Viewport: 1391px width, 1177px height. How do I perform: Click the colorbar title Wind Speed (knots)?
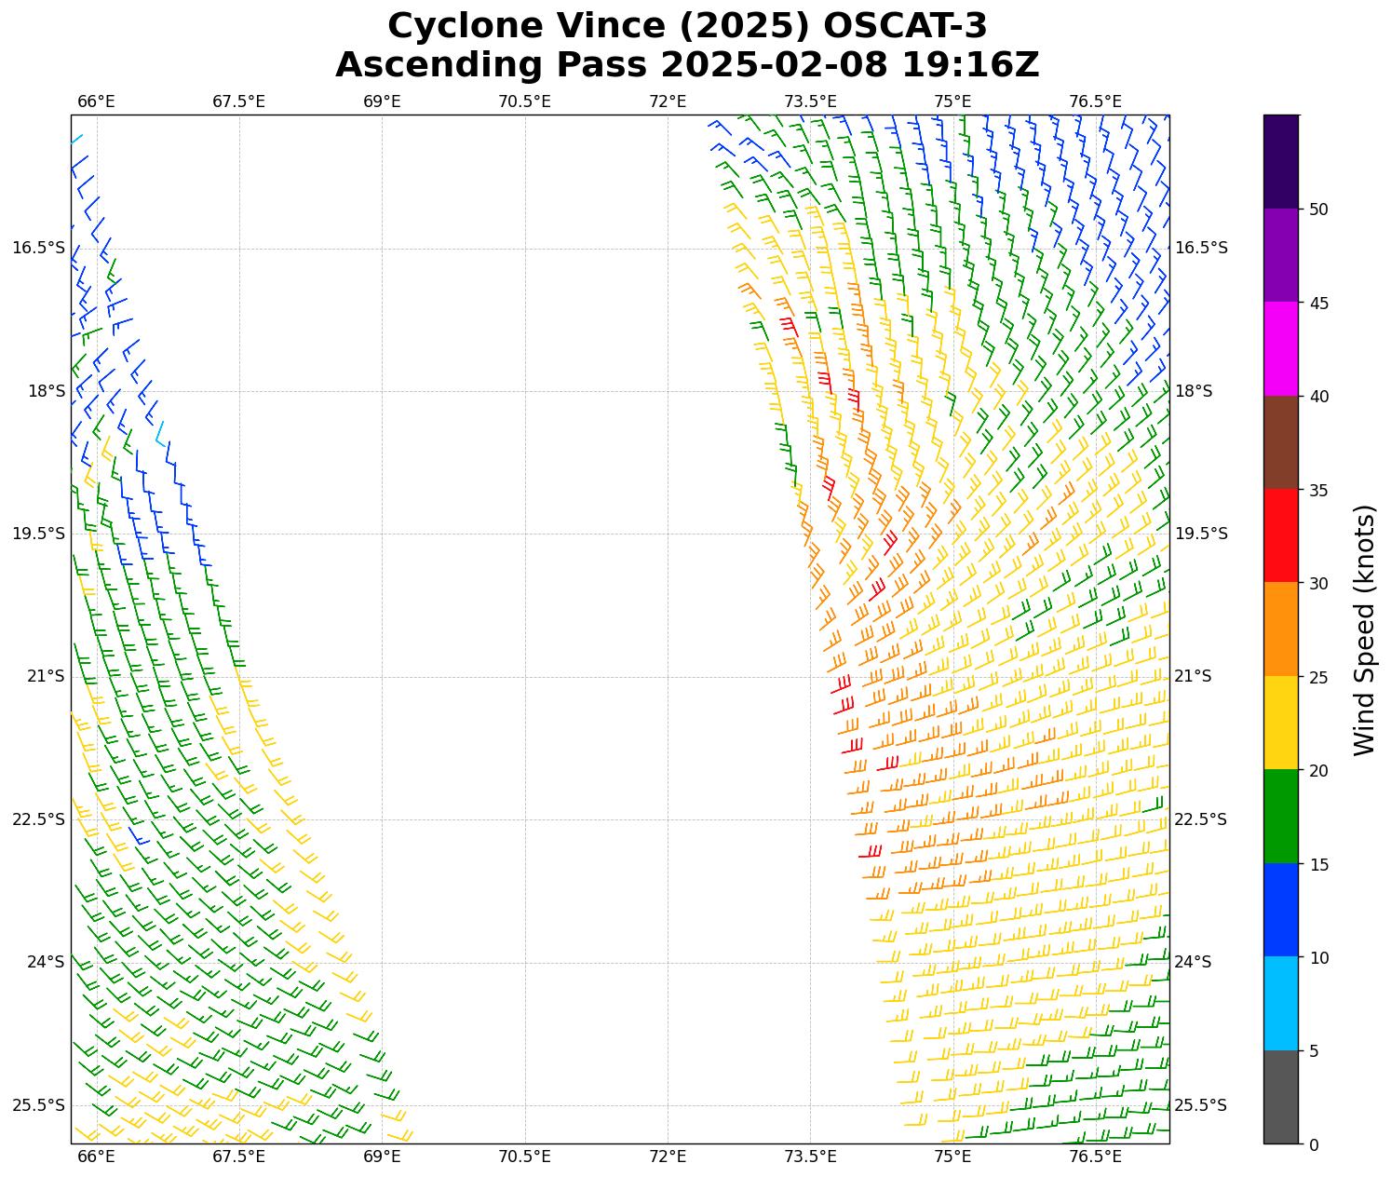pyautogui.click(x=1364, y=629)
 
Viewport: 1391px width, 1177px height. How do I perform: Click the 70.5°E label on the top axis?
pyautogui.click(x=524, y=101)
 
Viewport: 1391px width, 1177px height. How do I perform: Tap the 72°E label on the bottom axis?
pyautogui.click(x=668, y=1157)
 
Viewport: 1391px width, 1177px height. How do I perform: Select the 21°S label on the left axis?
pyautogui.click(x=46, y=676)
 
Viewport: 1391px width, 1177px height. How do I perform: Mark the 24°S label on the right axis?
pyautogui.click(x=1194, y=962)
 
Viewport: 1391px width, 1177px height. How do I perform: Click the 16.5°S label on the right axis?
pyautogui.click(x=1201, y=248)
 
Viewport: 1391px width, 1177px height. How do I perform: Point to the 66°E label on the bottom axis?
pyautogui.click(x=96, y=1157)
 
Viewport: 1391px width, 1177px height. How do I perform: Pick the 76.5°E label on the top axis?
pyautogui.click(x=1096, y=101)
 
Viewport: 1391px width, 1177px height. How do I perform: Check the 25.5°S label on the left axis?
pyautogui.click(x=39, y=1105)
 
